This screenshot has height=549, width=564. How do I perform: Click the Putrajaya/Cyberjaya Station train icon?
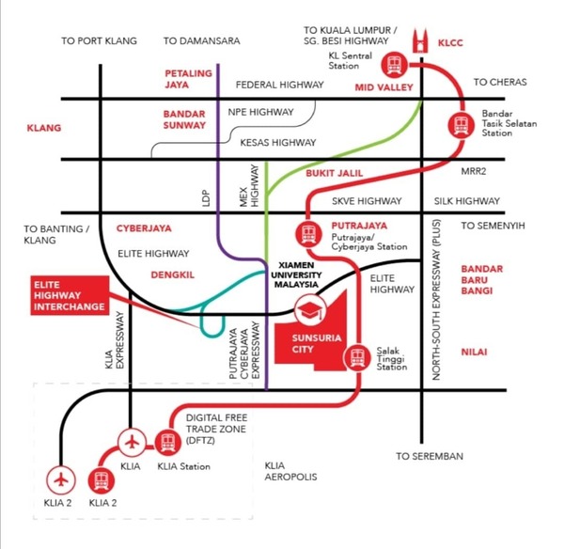307,233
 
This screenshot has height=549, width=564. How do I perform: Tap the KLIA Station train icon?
169,441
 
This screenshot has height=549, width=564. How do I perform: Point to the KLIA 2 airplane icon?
63,479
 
